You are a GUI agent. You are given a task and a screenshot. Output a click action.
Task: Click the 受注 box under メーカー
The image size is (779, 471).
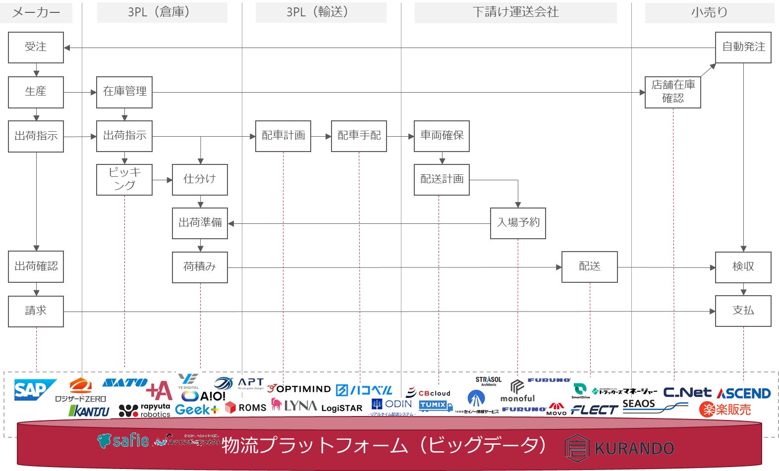pos(36,48)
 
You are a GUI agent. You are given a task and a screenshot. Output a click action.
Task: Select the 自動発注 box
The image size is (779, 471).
pos(743,48)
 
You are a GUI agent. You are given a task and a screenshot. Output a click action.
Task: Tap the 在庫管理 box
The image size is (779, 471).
pos(124,92)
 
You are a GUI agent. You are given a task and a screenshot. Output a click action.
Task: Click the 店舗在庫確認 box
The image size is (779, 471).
pos(672,92)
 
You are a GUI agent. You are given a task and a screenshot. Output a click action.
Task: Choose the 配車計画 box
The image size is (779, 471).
pos(283,136)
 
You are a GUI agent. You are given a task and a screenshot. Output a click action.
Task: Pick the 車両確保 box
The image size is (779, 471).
pos(442,136)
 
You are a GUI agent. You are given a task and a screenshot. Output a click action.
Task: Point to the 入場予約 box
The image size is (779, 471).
pos(518,223)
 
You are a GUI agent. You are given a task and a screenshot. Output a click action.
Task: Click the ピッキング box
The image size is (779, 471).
pos(124,180)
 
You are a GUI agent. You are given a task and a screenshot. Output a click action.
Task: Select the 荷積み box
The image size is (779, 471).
pos(200,267)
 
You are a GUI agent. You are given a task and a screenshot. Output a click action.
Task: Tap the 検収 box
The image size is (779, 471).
pos(743,267)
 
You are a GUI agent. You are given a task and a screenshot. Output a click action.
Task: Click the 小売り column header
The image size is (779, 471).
pos(709,12)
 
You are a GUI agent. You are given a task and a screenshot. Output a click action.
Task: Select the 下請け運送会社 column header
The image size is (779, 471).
pos(515,12)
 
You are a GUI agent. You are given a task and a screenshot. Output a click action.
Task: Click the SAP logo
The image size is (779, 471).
pos(34,390)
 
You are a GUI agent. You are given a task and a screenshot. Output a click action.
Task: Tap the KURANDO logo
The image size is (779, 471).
pos(619,448)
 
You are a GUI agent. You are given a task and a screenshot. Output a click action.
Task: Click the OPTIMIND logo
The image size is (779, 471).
pos(299,389)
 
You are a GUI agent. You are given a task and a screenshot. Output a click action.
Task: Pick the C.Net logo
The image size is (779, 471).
pos(687,393)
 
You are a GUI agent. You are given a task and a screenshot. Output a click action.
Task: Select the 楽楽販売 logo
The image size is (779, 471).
pos(725,410)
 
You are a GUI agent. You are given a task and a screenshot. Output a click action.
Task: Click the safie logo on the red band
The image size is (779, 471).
pos(123,440)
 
